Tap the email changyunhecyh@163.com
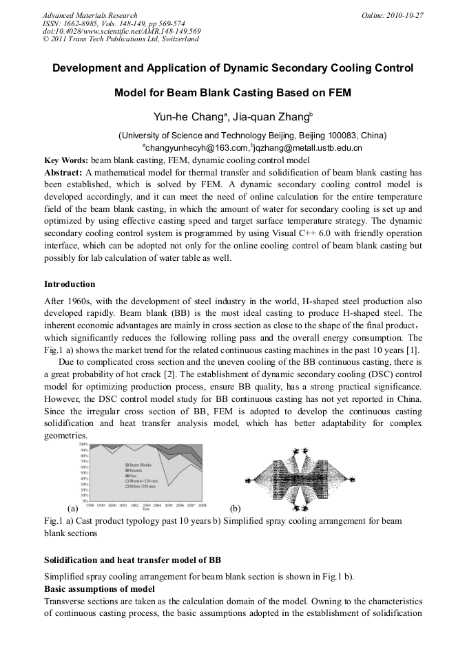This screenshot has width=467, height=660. coord(195,147)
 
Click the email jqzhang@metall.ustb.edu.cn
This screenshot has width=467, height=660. coord(308,147)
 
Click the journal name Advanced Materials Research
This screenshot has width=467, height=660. coord(90,15)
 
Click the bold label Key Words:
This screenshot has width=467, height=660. coord(66,160)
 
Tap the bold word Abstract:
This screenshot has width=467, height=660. coord(63,172)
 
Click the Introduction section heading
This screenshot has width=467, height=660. coord(70,284)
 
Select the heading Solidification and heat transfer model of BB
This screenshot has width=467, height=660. coord(132,558)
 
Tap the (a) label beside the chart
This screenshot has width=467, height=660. coord(73,508)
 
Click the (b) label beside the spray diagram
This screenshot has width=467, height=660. coord(235,508)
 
